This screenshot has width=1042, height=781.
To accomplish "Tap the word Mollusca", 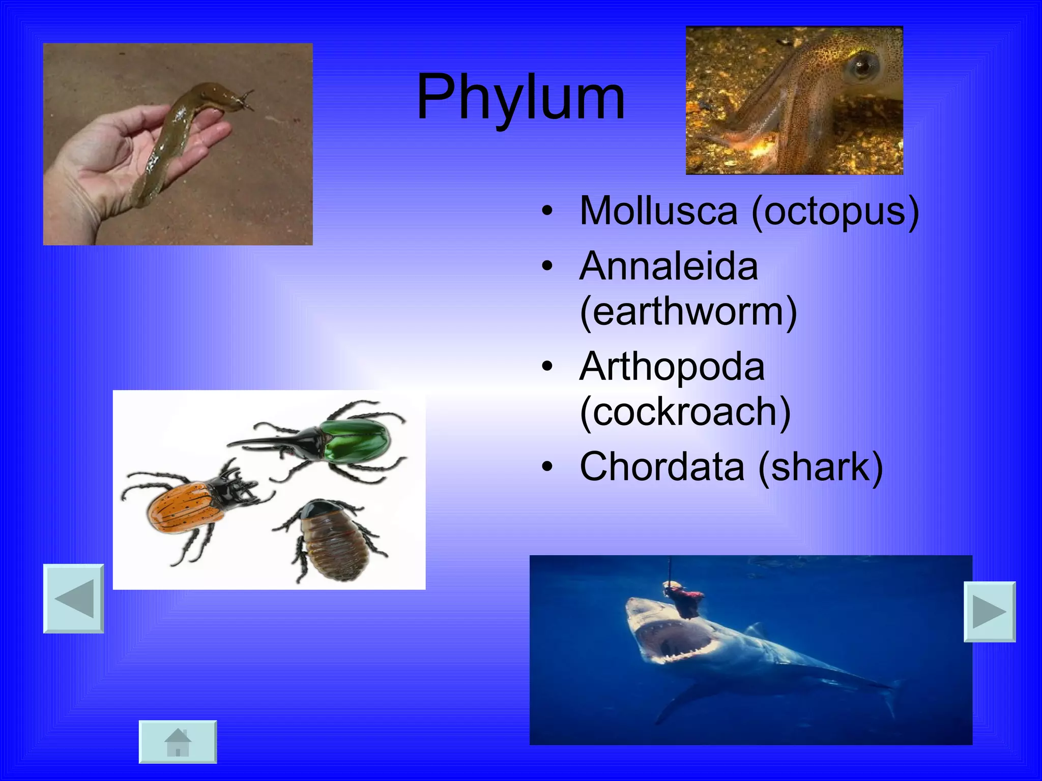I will coord(658,211).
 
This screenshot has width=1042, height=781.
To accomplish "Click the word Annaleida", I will coord(669,266).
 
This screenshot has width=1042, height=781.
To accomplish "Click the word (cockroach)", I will coord(685,411).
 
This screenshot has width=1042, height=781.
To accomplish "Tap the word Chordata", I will coord(661,467).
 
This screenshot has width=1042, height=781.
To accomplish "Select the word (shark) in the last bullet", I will coord(820,467).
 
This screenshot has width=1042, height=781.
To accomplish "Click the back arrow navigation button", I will coord(74,598).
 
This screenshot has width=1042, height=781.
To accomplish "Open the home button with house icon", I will coord(178,742).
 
